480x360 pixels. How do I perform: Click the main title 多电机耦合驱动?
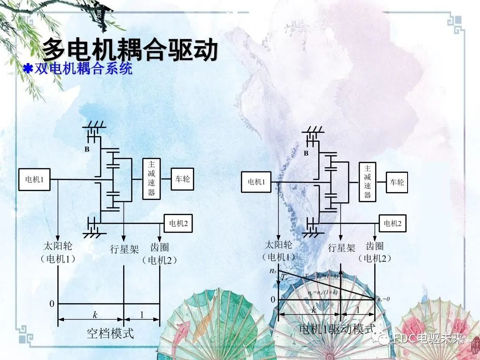(x=130, y=49)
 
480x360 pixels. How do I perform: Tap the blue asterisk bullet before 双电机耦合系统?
(x=28, y=69)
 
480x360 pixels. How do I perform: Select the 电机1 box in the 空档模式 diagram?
(x=34, y=180)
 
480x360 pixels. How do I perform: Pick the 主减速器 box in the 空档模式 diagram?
(x=151, y=179)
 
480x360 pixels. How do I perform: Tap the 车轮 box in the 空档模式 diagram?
(x=182, y=179)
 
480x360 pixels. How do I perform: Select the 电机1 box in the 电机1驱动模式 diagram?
(x=256, y=181)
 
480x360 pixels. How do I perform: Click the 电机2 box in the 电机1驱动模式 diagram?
(x=392, y=224)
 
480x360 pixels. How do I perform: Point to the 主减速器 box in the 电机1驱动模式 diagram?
(x=368, y=182)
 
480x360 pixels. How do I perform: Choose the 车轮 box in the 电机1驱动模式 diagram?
(x=397, y=182)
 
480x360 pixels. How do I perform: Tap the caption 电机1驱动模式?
(x=337, y=329)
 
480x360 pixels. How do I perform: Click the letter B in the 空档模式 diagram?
(x=87, y=150)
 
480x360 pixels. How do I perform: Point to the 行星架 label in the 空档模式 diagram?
(x=124, y=249)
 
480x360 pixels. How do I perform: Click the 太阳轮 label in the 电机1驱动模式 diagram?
(x=279, y=245)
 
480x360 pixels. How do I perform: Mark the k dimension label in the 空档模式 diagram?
(x=95, y=315)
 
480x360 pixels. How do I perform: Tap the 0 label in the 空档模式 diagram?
(x=52, y=304)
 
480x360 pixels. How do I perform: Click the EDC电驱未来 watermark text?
(x=429, y=339)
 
